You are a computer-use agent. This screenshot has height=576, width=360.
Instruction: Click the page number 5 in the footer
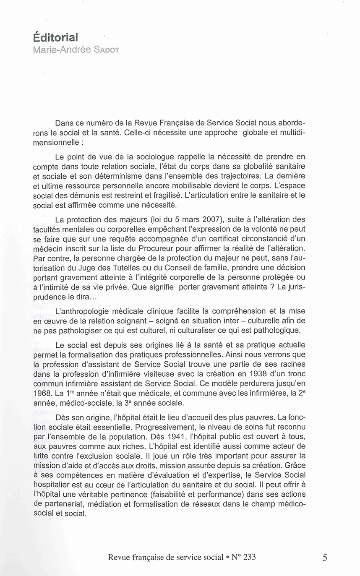325,558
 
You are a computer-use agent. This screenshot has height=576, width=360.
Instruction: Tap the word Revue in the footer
119,557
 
